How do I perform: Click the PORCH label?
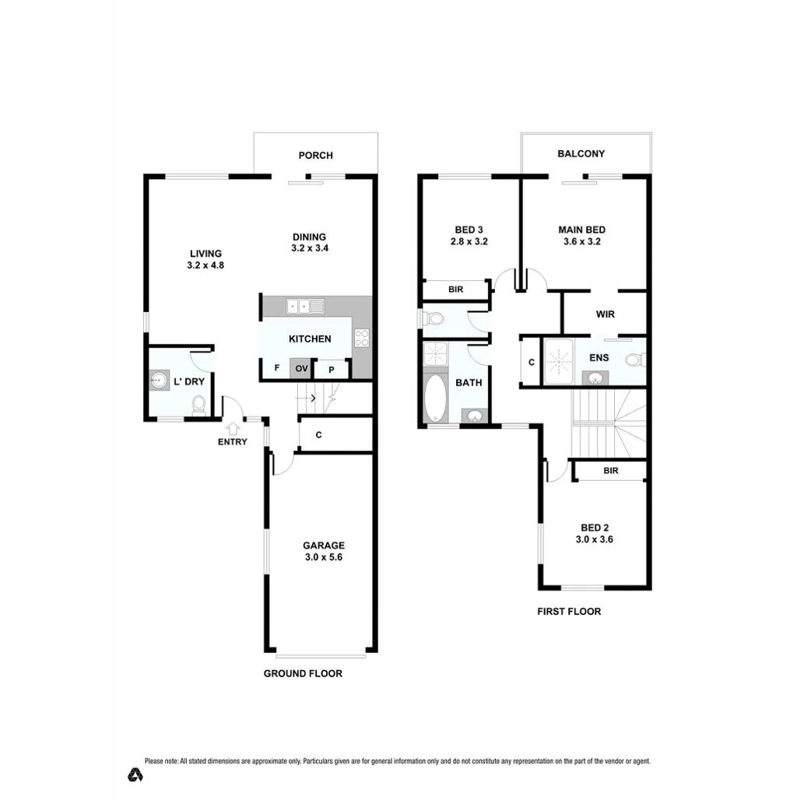[x=316, y=156]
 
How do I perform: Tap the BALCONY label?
[x=581, y=153]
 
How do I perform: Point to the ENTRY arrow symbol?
[x=233, y=429]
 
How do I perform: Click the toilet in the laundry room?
[x=198, y=406]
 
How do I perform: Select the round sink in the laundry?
[x=160, y=380]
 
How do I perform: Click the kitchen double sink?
[x=305, y=307]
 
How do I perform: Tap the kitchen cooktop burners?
[x=362, y=338]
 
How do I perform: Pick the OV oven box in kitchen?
[x=301, y=368]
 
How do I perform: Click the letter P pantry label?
[x=332, y=370]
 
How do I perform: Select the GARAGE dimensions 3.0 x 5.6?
[x=324, y=557]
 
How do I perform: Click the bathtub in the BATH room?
[x=435, y=398]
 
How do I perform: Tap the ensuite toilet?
[x=635, y=360]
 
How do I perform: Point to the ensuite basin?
[x=595, y=377]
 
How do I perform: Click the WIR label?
[x=606, y=314]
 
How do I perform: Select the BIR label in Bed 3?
[x=456, y=290]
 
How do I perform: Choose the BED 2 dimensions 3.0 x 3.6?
[x=594, y=540]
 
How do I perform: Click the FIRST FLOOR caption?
[x=569, y=612]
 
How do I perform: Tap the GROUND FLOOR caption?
[x=303, y=673]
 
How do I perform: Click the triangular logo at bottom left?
[x=135, y=774]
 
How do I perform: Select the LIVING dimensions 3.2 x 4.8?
[x=205, y=265]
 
